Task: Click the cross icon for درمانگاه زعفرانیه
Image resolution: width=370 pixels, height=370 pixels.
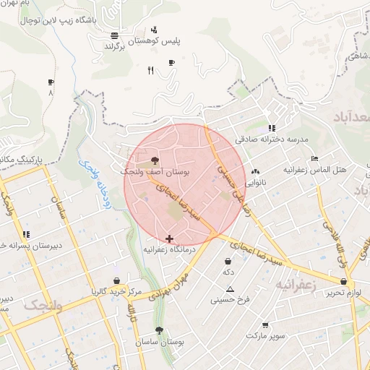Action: [169, 238]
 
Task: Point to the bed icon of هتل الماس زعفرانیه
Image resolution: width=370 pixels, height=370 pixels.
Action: [313, 158]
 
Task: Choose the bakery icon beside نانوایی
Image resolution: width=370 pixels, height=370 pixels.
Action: [254, 172]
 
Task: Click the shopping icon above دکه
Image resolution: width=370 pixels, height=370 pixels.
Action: [228, 261]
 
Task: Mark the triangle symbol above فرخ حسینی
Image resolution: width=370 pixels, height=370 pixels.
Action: [230, 289]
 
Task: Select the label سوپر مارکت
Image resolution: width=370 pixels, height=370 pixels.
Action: [265, 336]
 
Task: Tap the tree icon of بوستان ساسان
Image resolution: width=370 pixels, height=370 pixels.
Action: [159, 330]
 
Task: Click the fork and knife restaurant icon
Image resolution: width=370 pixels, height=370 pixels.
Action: [150, 70]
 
